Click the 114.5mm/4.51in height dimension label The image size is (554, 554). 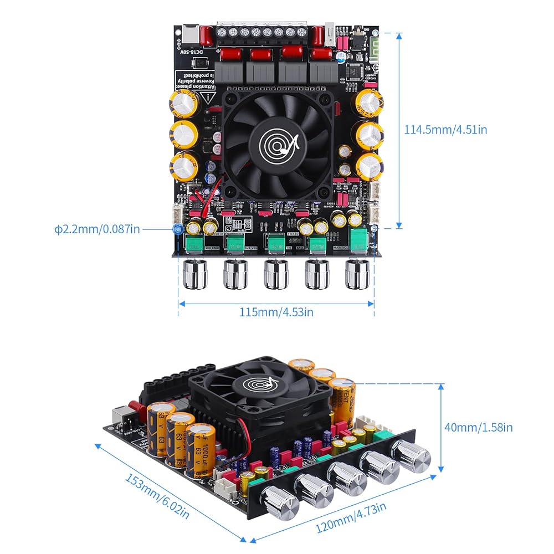(446, 129)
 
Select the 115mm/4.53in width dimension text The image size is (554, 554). (276, 312)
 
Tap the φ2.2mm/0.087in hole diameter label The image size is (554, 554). (97, 228)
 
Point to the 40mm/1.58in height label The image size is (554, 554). (478, 427)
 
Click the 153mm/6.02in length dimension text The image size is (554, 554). (157, 497)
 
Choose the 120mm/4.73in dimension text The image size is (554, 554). (351, 517)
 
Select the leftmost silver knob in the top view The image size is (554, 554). (194, 275)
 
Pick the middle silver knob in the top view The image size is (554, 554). (275, 275)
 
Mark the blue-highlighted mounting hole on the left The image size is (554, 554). (178, 228)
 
